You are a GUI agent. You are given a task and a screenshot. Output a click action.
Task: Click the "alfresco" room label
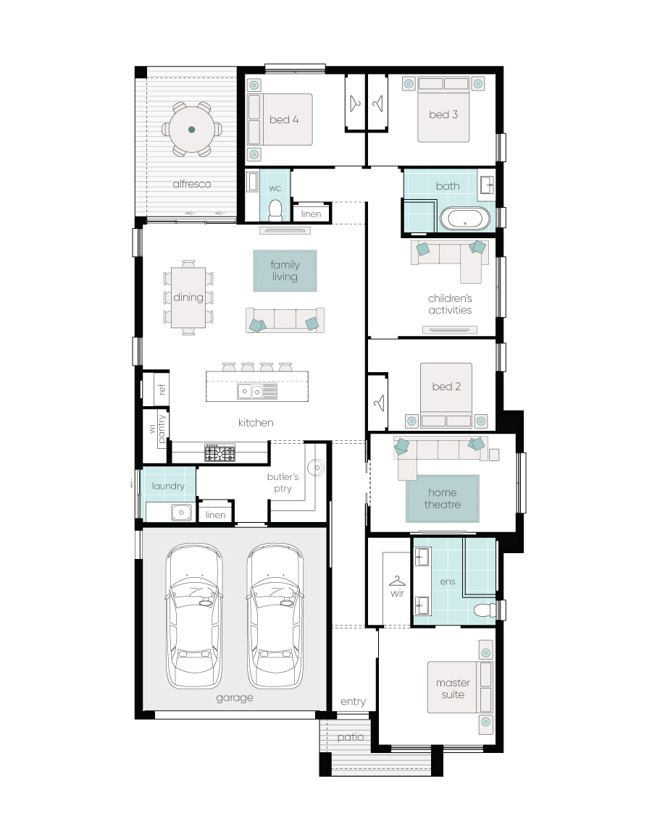click(x=191, y=184)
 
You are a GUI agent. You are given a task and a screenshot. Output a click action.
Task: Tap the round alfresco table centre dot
click(x=191, y=130)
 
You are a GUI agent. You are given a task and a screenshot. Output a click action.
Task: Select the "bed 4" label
click(x=284, y=119)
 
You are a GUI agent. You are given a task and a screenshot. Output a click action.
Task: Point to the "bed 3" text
click(x=443, y=114)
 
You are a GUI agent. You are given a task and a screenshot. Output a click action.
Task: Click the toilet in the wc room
click(x=275, y=210)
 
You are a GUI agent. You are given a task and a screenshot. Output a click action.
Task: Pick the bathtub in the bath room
click(x=465, y=219)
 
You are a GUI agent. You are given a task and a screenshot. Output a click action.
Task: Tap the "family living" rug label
click(x=285, y=270)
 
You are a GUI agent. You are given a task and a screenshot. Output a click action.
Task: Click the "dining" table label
click(x=188, y=297)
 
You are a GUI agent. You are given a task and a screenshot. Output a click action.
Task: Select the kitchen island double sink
click(x=251, y=392)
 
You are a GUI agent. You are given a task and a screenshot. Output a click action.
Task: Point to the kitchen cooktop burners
click(x=220, y=453)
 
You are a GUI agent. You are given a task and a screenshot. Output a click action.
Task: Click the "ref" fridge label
click(x=162, y=389)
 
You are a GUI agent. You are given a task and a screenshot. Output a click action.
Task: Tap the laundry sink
click(x=182, y=512)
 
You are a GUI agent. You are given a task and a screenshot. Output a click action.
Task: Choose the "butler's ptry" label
click(x=283, y=482)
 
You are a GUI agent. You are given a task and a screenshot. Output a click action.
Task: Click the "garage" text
click(x=235, y=698)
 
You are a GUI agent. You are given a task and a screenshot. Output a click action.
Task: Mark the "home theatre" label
click(x=443, y=499)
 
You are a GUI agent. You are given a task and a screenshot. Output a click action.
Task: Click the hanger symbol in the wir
click(x=397, y=581)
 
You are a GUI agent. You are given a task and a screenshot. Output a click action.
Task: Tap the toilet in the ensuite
click(x=485, y=610)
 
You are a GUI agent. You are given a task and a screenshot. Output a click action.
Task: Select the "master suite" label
click(x=453, y=689)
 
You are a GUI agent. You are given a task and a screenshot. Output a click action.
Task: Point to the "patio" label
click(x=351, y=737)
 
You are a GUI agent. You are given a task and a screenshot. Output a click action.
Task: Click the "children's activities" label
click(x=450, y=304)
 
